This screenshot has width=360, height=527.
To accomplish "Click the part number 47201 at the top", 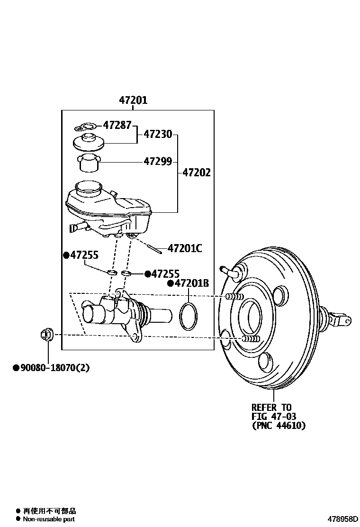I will click(133, 100).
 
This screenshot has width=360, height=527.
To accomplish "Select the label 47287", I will click(117, 126).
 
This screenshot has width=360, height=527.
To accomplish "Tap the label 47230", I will click(158, 135).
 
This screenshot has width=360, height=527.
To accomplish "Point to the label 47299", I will click(158, 162).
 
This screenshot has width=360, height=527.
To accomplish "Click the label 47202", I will click(197, 173).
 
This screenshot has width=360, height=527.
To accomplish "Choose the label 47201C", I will click(185, 248).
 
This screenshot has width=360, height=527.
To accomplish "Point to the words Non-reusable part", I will click(49, 519).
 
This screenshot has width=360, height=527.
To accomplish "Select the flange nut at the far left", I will click(46, 335).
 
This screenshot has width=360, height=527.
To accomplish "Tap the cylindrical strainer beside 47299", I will click(89, 164).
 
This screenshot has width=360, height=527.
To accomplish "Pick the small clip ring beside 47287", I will click(85, 127).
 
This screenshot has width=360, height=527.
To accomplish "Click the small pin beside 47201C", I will click(154, 246).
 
